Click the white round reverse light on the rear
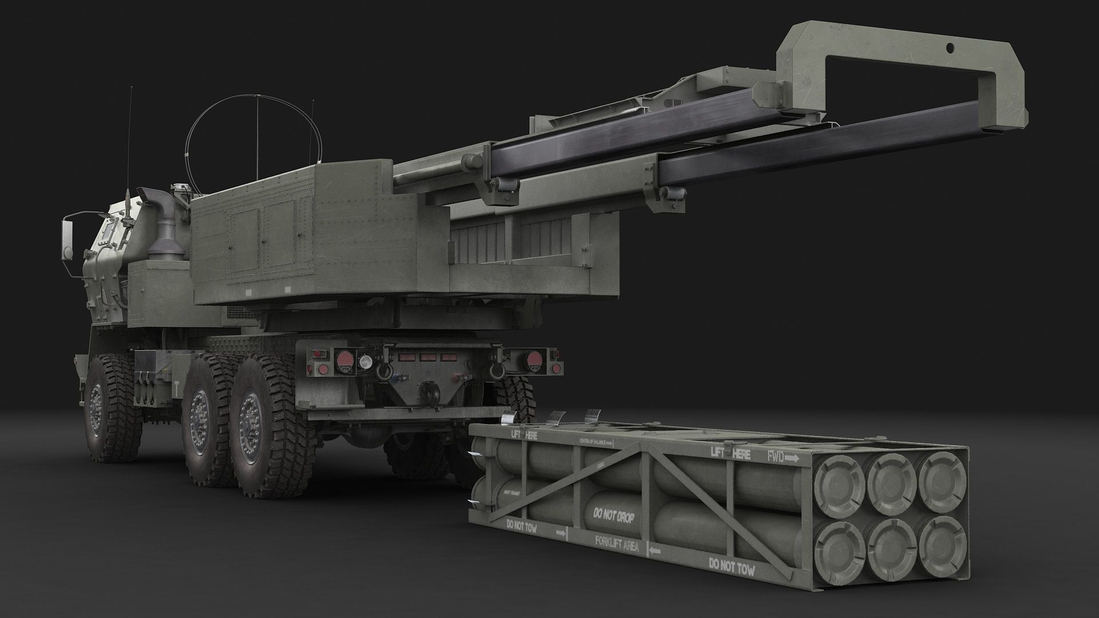tap(364, 361)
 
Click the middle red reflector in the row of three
tap(426, 356)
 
